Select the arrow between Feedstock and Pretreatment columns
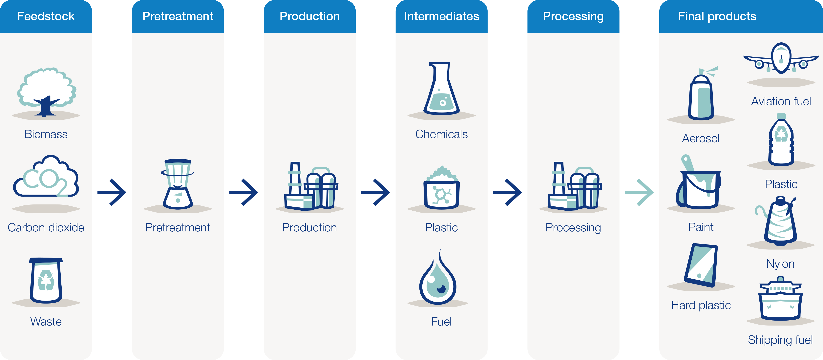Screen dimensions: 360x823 (112, 192)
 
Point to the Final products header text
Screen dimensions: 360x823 (717, 16)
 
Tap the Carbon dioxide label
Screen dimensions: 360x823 (46, 227)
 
